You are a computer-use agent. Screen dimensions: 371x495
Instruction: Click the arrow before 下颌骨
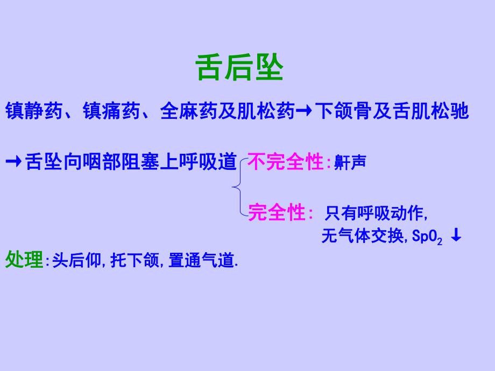305,112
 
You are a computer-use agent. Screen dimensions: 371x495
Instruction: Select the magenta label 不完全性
286,162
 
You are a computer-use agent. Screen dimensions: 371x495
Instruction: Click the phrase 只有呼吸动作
375,214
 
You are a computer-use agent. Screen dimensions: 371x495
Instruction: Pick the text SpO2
427,237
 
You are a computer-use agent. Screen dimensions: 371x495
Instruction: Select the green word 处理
24,260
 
